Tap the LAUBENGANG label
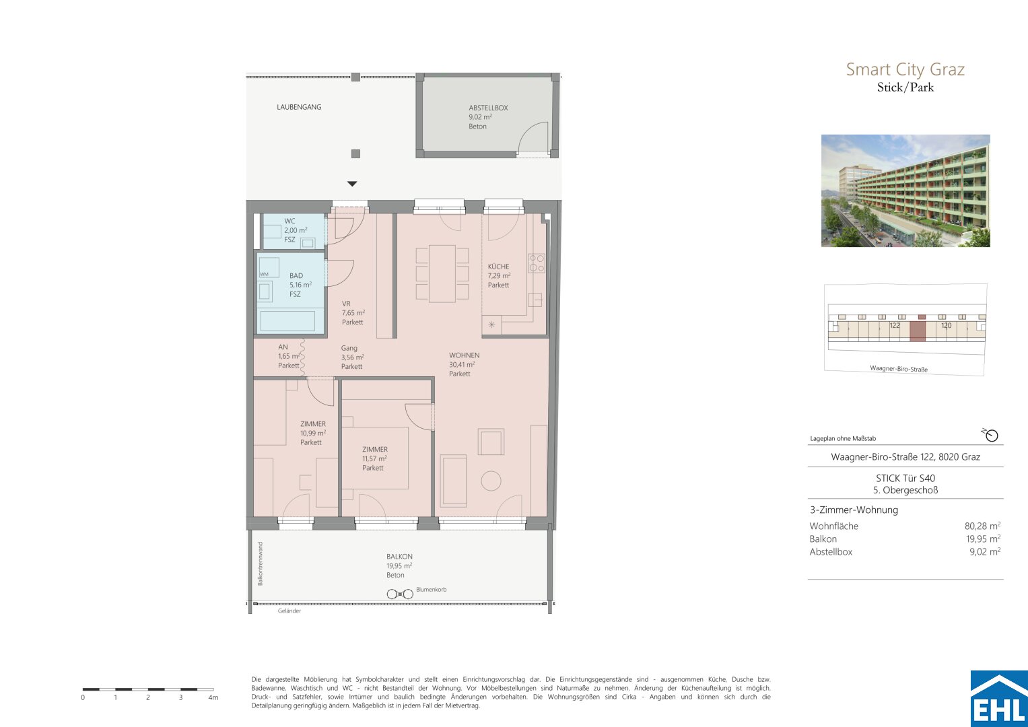pyautogui.click(x=299, y=107)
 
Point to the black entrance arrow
pyautogui.click(x=352, y=184)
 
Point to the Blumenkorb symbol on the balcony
pyautogui.click(x=400, y=594)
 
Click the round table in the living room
pyautogui.click(x=491, y=481)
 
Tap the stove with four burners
pyautogui.click(x=537, y=263)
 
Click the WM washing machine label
pyautogui.click(x=264, y=275)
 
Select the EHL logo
pyautogui.click(x=999, y=699)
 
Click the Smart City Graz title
pyautogui.click(x=905, y=69)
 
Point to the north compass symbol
pyautogui.click(x=990, y=435)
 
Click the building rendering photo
pyautogui.click(x=905, y=191)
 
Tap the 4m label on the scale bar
pyautogui.click(x=213, y=697)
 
